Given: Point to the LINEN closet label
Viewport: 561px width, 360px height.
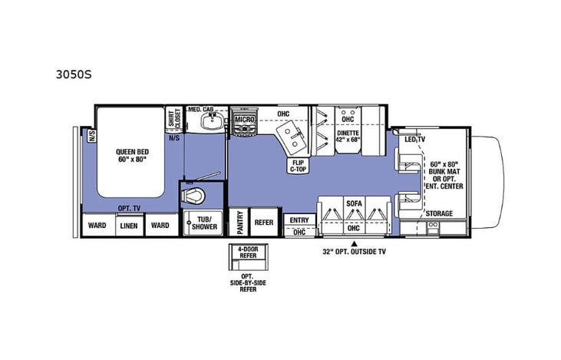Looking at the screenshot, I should (x=128, y=225).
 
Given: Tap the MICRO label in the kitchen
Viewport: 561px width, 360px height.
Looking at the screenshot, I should (x=244, y=121).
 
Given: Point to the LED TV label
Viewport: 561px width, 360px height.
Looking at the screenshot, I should (x=415, y=140).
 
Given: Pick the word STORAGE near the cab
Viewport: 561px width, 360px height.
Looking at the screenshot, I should (x=439, y=213).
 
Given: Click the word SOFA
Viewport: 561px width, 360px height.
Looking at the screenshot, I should (x=353, y=203).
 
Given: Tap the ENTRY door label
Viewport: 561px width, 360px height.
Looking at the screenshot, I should (x=299, y=220).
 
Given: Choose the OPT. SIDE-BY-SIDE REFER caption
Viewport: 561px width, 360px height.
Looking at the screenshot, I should (x=247, y=283).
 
